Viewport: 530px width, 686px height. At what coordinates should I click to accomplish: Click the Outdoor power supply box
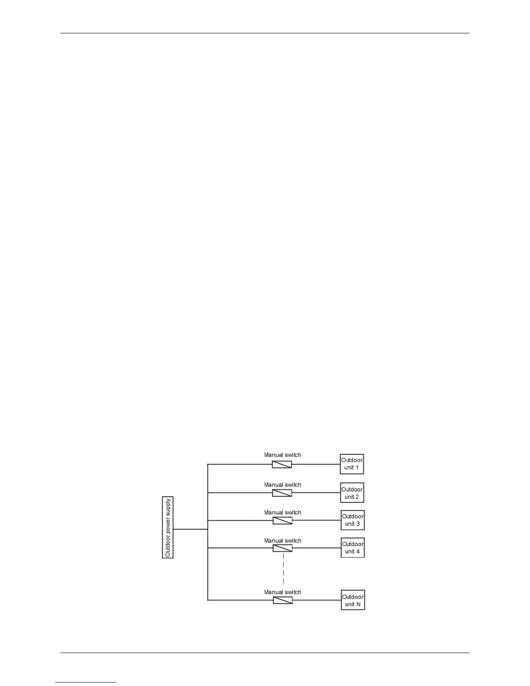point(168,527)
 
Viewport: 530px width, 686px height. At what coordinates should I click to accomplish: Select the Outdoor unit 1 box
point(352,464)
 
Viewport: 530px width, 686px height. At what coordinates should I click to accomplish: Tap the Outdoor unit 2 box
point(352,493)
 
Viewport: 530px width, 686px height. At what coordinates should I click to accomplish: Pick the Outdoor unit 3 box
point(352,520)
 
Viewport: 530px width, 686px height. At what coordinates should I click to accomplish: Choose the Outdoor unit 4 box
point(352,548)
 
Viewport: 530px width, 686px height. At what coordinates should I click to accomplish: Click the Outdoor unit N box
point(353,600)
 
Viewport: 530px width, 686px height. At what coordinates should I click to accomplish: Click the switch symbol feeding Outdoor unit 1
point(282,465)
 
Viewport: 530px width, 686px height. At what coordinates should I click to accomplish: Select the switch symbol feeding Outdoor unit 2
point(282,493)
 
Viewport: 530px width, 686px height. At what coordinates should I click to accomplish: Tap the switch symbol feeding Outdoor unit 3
point(282,521)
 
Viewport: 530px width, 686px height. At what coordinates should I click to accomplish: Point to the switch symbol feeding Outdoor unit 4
point(282,548)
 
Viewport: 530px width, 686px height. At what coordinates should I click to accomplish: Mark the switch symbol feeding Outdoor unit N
point(283,600)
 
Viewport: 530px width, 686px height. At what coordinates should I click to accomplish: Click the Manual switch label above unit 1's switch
point(283,455)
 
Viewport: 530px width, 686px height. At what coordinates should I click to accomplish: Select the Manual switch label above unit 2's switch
point(283,485)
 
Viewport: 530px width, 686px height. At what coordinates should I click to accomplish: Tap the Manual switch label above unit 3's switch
point(283,513)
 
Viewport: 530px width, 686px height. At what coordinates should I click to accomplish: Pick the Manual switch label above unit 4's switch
point(283,541)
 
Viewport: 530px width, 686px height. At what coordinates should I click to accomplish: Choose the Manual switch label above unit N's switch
point(283,592)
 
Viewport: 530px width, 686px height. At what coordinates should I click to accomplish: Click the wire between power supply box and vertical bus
point(191,529)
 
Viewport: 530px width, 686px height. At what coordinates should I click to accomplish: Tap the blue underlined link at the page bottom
point(86,682)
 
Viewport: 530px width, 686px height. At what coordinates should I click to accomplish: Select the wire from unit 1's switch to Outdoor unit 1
point(316,464)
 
